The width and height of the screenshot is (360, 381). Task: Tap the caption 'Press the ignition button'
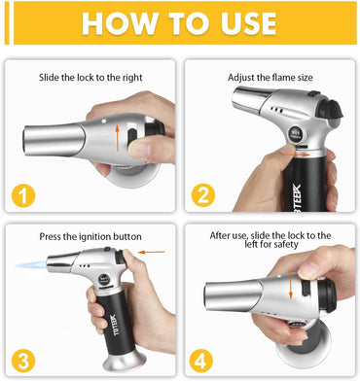pos(91,236)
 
